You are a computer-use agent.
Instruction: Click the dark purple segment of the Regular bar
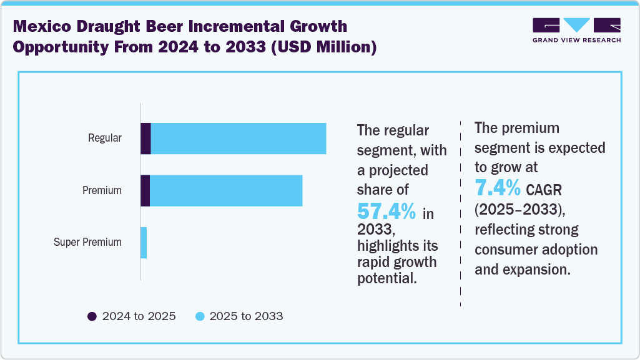coord(145,139)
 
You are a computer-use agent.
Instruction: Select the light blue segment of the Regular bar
coord(239,139)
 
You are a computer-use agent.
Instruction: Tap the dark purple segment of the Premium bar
coord(145,190)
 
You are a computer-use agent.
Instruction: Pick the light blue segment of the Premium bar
coord(226,190)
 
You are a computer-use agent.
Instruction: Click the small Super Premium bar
coord(144,243)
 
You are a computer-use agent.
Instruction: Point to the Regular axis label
coord(104,139)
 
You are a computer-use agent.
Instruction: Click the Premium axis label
coord(102,190)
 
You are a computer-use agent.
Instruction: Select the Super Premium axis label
coord(87,242)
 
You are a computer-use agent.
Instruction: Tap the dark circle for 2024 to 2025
coord(92,316)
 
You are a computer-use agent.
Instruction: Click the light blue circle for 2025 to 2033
coord(200,316)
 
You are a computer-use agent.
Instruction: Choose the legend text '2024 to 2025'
coord(139,316)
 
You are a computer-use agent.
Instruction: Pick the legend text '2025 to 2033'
coord(246,316)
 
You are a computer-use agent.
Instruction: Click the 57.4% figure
coord(386,211)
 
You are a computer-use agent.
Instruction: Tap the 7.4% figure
coord(498,187)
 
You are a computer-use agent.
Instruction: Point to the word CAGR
coord(547,189)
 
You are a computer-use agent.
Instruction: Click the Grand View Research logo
coord(576,30)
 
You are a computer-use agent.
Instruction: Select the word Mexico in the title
coord(47,27)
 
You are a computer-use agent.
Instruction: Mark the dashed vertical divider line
coord(460,212)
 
